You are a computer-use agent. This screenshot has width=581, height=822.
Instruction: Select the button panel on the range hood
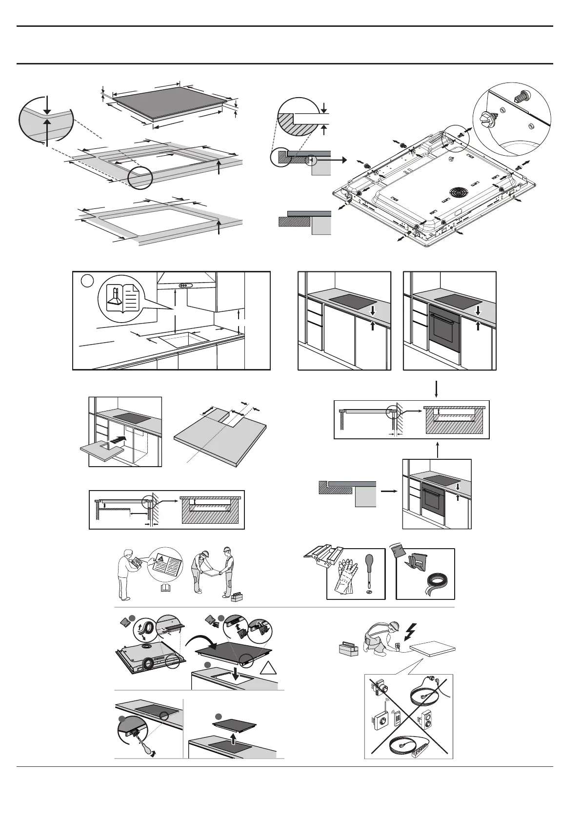185,286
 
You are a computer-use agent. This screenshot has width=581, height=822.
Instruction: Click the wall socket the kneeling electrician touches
398,646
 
